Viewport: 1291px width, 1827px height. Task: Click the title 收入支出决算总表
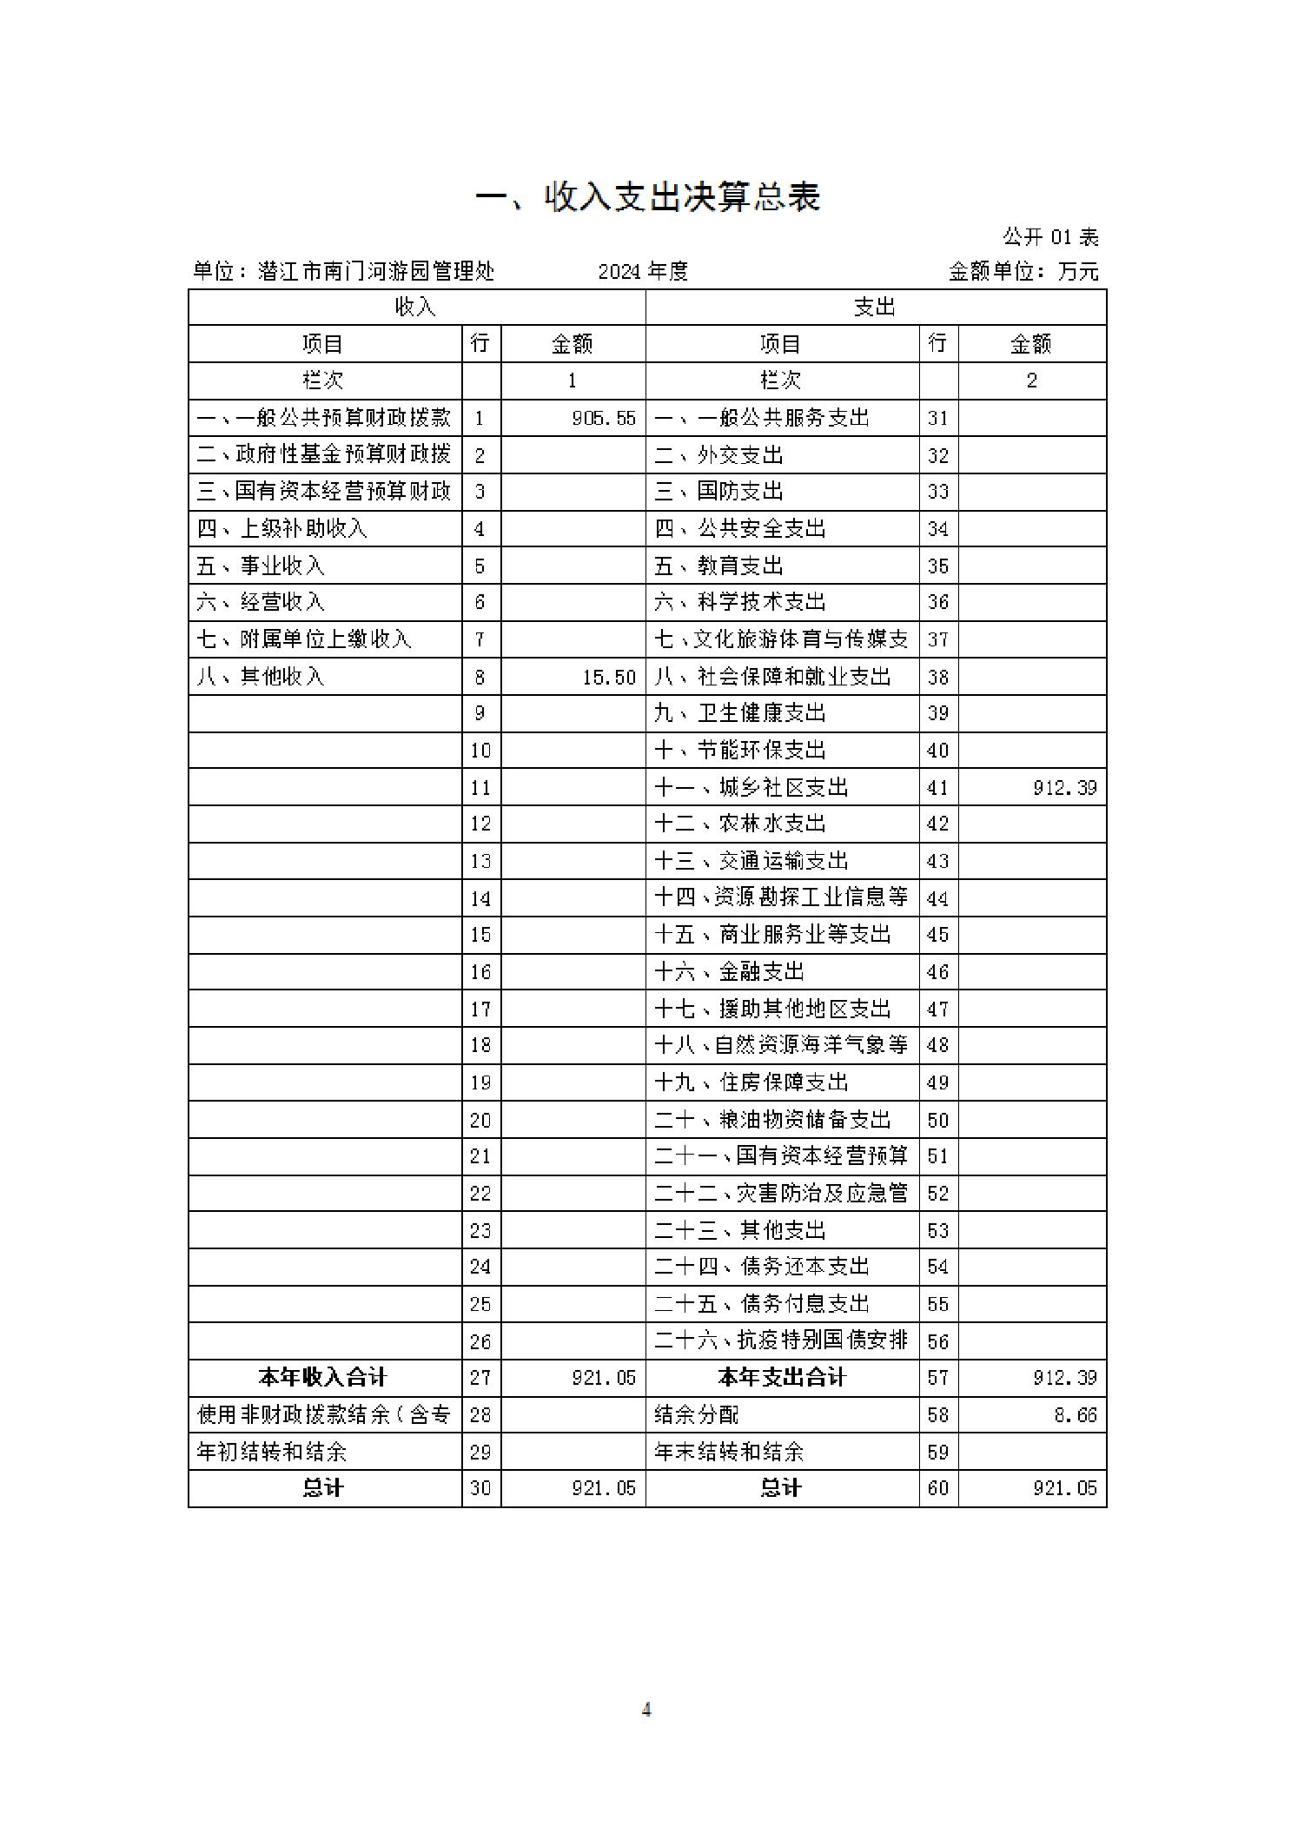647,198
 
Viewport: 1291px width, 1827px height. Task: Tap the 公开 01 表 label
1050,237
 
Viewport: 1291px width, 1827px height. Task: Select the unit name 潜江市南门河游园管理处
376,272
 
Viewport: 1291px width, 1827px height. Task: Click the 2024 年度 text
643,272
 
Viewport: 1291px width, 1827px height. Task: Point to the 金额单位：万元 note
1023,272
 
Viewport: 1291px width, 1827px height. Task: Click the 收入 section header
415,308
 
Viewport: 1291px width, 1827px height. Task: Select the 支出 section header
874,308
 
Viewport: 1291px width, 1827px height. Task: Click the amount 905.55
604,419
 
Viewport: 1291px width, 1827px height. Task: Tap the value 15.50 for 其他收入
609,677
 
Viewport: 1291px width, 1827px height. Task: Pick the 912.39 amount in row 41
1064,788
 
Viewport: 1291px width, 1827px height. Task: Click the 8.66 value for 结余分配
1076,1415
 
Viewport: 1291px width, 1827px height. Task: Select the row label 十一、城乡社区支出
751,788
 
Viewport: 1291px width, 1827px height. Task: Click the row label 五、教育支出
718,566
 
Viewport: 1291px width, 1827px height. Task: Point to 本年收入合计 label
322,1378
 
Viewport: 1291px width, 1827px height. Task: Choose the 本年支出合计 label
781,1378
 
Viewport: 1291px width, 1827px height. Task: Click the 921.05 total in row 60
1064,1488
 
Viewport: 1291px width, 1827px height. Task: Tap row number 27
480,1378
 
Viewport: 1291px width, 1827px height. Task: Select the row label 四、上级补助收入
281,529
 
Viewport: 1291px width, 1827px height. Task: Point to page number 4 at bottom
645,1710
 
